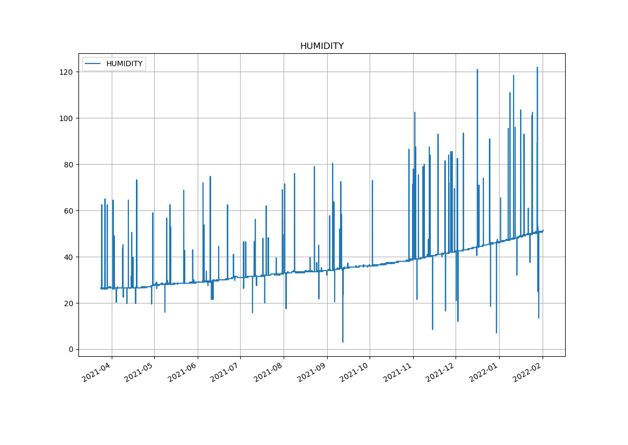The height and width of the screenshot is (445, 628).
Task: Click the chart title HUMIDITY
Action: pyautogui.click(x=322, y=46)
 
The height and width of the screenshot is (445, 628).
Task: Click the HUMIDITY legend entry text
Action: pyautogui.click(x=124, y=64)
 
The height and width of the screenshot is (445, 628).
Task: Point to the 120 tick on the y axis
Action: pyautogui.click(x=68, y=72)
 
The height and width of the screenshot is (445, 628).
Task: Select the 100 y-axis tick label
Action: pyautogui.click(x=68, y=118)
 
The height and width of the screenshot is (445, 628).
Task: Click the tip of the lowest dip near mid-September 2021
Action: pyautogui.click(x=343, y=342)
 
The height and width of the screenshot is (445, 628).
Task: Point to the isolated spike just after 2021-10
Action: pyautogui.click(x=372, y=181)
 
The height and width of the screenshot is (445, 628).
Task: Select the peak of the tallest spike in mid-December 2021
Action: pyautogui.click(x=477, y=69)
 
